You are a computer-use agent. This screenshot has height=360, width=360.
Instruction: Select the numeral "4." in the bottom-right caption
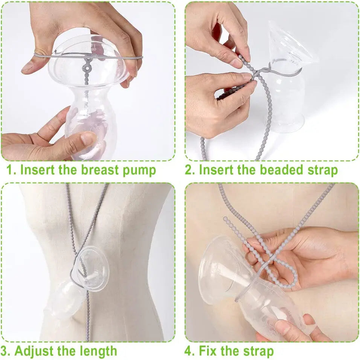pos(190,351)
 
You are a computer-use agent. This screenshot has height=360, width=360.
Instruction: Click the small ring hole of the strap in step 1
pos(87,68)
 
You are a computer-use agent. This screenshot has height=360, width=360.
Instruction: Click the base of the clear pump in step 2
pos(285,125)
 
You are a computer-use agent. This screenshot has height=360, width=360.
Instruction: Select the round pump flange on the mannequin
pos(92,268)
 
